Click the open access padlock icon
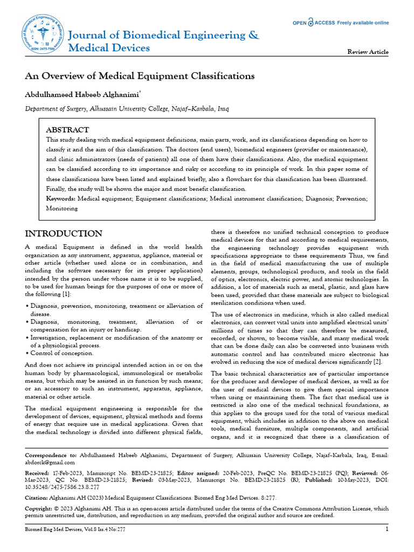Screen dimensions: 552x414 310,23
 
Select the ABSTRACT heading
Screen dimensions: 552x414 67,130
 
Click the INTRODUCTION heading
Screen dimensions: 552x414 64,233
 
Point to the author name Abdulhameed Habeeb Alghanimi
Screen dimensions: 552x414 82,94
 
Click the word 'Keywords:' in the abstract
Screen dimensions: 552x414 61,199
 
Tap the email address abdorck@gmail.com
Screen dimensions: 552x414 50,462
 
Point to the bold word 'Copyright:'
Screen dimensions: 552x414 40,508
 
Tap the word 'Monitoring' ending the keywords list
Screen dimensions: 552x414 61,208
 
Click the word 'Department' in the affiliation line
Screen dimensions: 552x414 44,109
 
